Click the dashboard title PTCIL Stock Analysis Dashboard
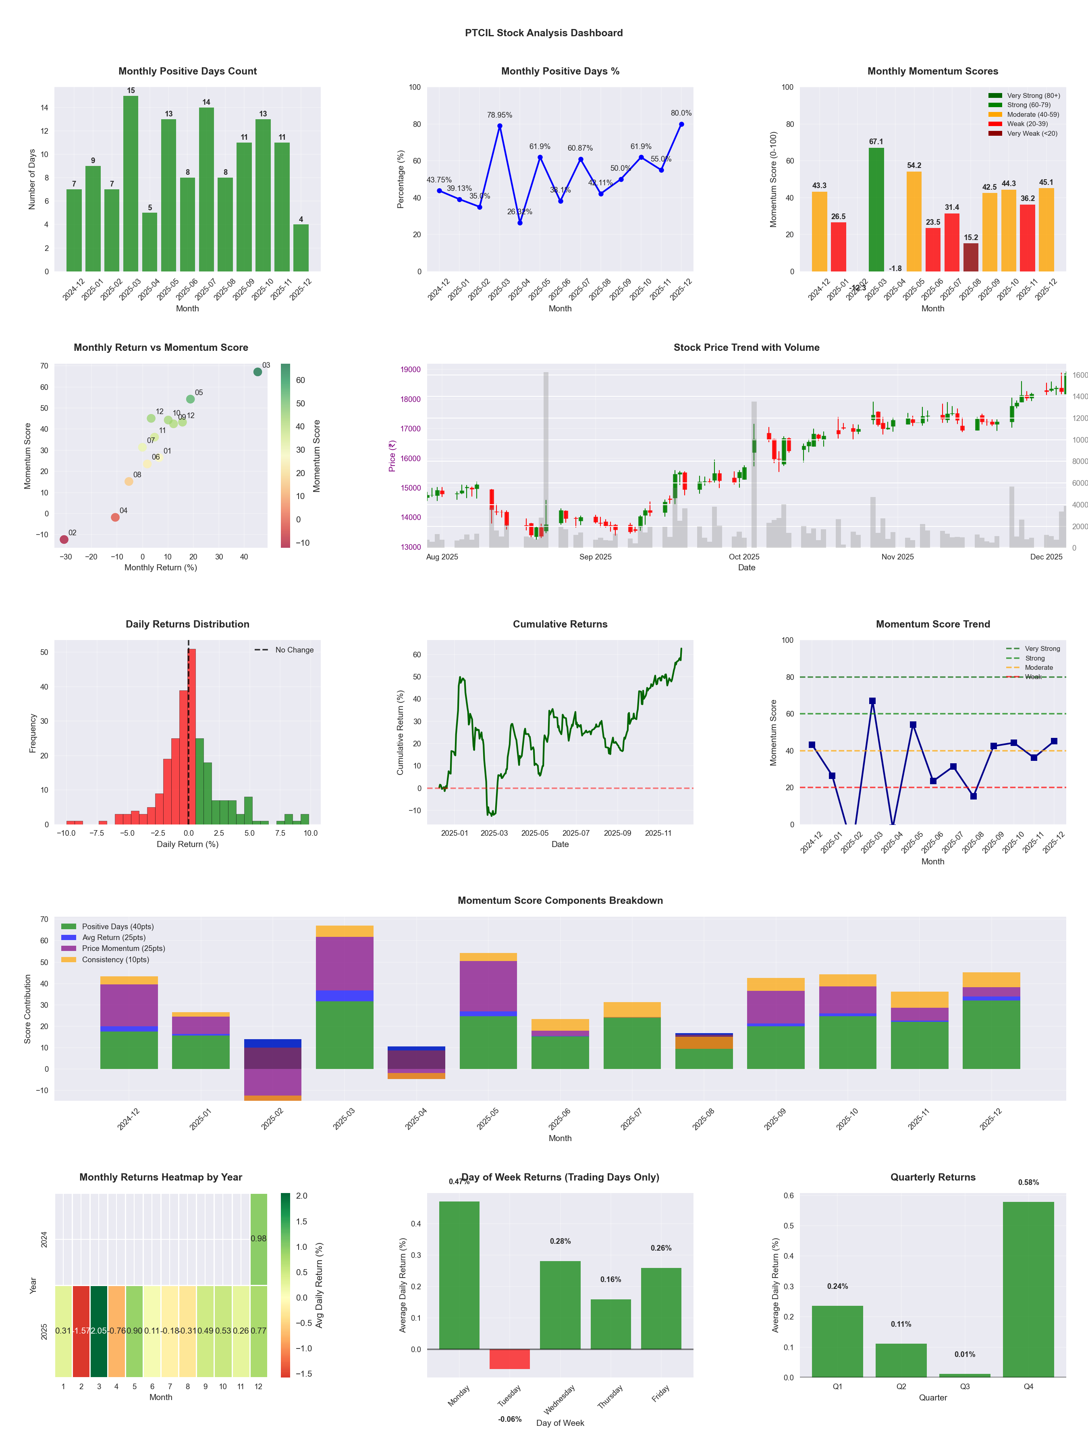pos(544,33)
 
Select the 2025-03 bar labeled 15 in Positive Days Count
pos(131,184)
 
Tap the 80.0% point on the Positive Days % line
pos(681,124)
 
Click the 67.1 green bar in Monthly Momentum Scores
pos(876,210)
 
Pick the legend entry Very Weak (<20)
pos(1032,134)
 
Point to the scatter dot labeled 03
pos(258,372)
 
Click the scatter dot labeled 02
pos(64,539)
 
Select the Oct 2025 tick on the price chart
pos(744,557)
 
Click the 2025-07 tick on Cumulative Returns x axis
pos(576,833)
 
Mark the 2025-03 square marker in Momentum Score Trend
pos(872,701)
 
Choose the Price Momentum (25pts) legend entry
pos(123,949)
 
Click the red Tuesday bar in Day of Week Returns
pos(510,1359)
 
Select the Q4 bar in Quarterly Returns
pos(1028,1289)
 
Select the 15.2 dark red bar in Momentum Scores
pos(971,257)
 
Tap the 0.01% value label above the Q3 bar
pos(965,1354)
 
